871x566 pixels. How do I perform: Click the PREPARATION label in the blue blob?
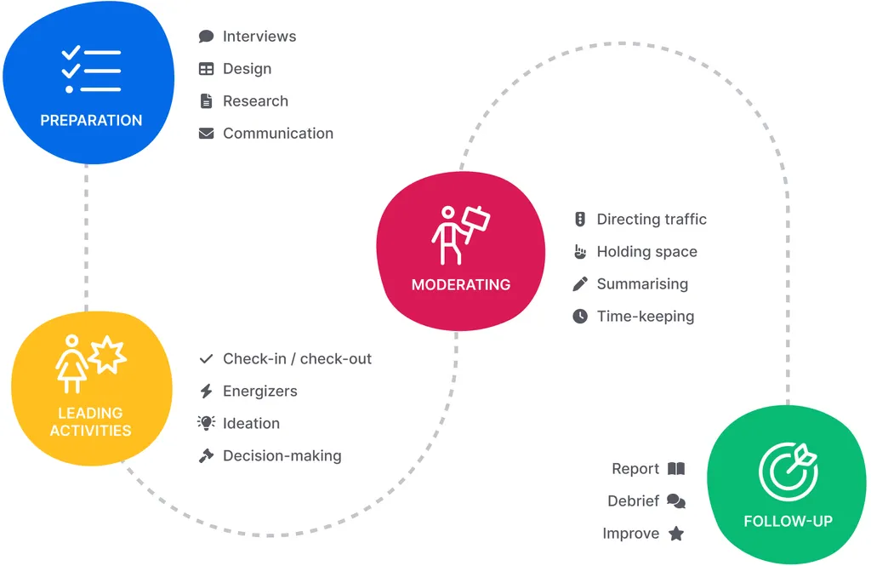pos(91,120)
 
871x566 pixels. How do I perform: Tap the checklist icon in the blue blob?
pos(91,71)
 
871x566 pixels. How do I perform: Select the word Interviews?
pos(259,37)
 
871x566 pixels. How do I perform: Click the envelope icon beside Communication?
pos(206,134)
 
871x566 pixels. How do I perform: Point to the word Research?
pos(255,101)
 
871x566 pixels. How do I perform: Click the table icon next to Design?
pos(206,69)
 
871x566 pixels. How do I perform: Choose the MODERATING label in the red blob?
pos(461,285)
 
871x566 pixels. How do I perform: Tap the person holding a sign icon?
pos(460,235)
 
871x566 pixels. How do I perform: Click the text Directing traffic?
pos(652,220)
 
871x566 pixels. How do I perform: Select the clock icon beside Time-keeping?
pos(580,317)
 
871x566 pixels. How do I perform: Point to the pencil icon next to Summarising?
pos(580,284)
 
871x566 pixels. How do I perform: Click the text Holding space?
pos(646,252)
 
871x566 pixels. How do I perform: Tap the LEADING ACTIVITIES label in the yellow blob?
pos(91,422)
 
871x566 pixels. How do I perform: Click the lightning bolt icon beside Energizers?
pos(206,392)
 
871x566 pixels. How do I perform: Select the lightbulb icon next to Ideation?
pos(206,424)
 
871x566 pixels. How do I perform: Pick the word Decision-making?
pos(282,456)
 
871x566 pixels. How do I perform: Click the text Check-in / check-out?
pos(297,359)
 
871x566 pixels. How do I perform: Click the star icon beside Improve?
pos(676,534)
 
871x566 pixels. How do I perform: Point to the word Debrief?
pos(633,501)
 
